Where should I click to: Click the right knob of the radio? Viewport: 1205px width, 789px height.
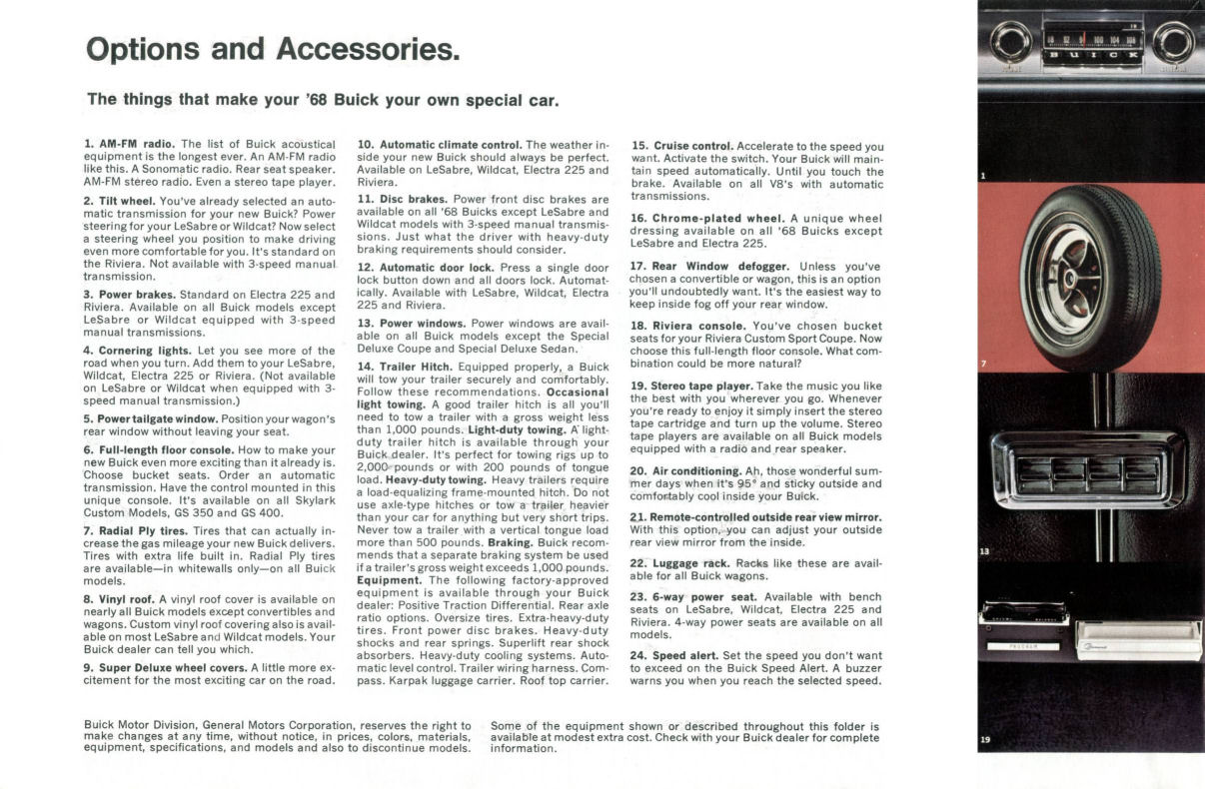coord(1173,42)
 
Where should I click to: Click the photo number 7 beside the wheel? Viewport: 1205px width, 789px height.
coord(984,364)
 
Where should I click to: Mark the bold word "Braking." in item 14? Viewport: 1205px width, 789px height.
coord(515,542)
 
